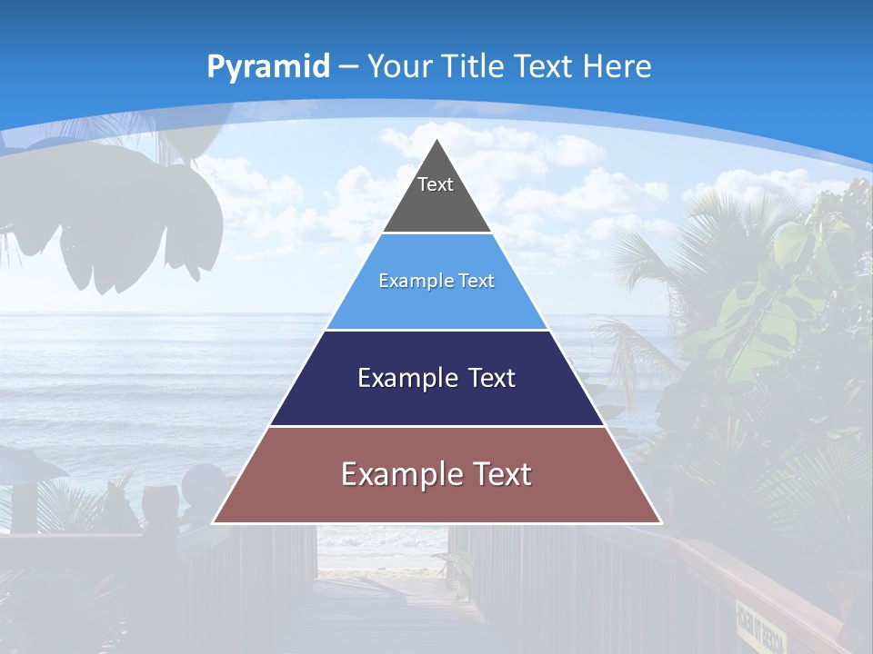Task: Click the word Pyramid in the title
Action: click(267, 66)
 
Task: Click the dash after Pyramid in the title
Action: click(348, 67)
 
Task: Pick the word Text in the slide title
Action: click(544, 66)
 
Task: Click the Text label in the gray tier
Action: click(436, 184)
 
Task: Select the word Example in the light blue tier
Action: click(408, 281)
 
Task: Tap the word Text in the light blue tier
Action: click(477, 281)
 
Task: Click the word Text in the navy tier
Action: click(492, 378)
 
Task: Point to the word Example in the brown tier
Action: click(395, 474)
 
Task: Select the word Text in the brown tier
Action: click(502, 474)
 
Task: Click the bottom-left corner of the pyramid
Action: click(213, 523)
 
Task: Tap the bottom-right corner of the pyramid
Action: click(661, 523)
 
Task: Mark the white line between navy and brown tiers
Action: click(436, 426)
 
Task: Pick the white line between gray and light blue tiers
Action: click(436, 233)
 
